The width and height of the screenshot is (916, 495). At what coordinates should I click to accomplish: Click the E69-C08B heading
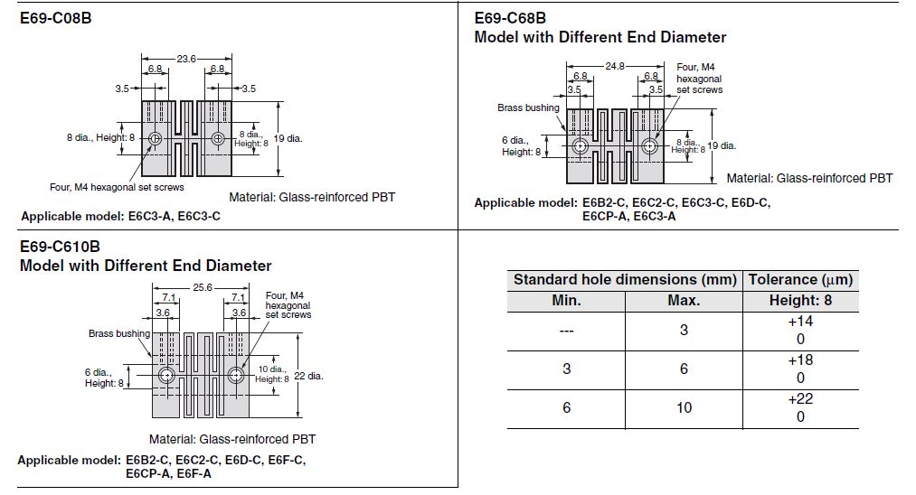tap(56, 17)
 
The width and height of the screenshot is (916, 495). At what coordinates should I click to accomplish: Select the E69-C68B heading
tap(510, 17)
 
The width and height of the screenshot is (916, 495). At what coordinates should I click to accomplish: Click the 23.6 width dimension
tap(186, 59)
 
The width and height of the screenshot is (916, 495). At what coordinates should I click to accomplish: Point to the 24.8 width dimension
tap(615, 66)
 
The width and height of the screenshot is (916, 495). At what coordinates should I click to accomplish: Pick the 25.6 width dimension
tap(201, 286)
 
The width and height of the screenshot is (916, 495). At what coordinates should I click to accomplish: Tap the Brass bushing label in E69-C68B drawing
tap(528, 108)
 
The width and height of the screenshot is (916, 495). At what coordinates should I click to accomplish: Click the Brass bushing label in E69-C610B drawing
tap(118, 333)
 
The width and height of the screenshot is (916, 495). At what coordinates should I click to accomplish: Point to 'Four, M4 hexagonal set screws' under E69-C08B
tap(117, 187)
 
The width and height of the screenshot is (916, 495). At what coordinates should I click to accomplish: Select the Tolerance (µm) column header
tap(800, 279)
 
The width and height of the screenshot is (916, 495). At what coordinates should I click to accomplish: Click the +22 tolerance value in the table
tap(800, 399)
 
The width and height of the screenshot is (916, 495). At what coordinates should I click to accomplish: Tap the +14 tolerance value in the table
tap(800, 322)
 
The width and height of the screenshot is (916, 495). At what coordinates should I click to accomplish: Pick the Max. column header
tap(684, 301)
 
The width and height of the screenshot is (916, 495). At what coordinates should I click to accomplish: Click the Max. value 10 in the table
tap(684, 407)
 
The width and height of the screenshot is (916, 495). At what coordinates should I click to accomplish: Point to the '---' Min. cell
tap(566, 331)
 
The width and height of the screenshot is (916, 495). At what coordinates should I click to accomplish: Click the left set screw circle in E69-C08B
tap(156, 138)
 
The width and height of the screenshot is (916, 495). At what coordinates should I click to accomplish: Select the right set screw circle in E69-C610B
tap(236, 375)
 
